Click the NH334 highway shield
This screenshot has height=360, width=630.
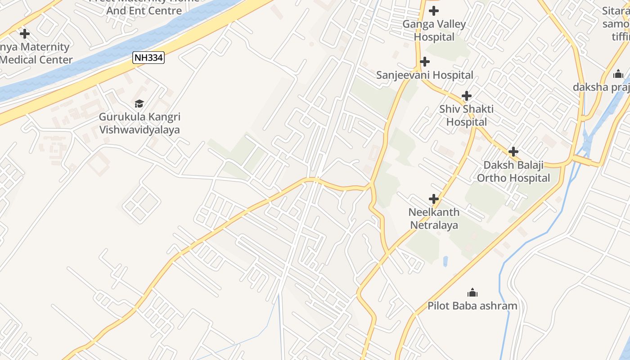point(148,58)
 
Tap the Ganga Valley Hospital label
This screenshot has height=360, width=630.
point(434,31)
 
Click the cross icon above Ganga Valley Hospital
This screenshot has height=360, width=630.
point(434,10)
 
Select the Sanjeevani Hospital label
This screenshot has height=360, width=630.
point(425,75)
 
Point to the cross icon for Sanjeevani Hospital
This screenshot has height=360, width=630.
point(424,62)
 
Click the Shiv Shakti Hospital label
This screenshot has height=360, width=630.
point(467,115)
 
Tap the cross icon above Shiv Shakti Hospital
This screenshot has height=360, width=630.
point(467,95)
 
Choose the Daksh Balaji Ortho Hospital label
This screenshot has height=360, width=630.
point(513,171)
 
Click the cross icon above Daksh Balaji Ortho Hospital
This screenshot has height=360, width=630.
point(513,152)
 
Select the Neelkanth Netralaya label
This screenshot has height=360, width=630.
point(434,218)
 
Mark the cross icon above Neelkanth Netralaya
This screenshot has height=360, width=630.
point(433,198)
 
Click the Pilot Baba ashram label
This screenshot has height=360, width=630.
point(472,306)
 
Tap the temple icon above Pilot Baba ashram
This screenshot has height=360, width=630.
point(472,293)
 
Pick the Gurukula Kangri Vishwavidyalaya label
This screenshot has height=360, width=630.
point(139,123)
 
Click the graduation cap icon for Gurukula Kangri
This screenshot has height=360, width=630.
point(139,103)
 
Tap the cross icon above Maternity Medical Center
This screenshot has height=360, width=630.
point(25,33)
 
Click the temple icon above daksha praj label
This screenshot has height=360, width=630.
point(618,74)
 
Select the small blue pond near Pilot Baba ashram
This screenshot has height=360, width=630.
point(445,261)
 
